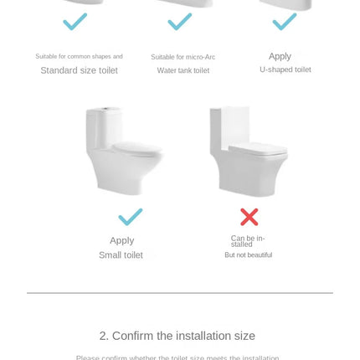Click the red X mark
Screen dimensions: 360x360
point(249,217)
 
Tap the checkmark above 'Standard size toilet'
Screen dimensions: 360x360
point(75,22)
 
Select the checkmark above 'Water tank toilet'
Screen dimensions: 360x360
point(180,22)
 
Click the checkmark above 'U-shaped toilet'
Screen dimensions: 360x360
point(285,22)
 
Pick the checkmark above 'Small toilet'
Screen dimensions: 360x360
point(130,217)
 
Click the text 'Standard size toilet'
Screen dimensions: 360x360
point(79,70)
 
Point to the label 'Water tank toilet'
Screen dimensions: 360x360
point(183,70)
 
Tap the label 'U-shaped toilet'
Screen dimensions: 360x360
point(285,69)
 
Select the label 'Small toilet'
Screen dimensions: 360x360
point(121,255)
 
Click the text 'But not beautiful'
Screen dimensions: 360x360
point(248,255)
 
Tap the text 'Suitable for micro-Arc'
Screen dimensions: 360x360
point(183,57)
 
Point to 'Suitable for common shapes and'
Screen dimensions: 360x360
point(79,56)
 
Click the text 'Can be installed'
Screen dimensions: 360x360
point(248,241)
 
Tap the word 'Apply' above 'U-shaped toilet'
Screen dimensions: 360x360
point(280,56)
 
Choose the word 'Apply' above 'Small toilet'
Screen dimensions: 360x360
point(121,240)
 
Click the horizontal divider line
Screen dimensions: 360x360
point(179,293)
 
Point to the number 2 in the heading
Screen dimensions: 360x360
point(103,336)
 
